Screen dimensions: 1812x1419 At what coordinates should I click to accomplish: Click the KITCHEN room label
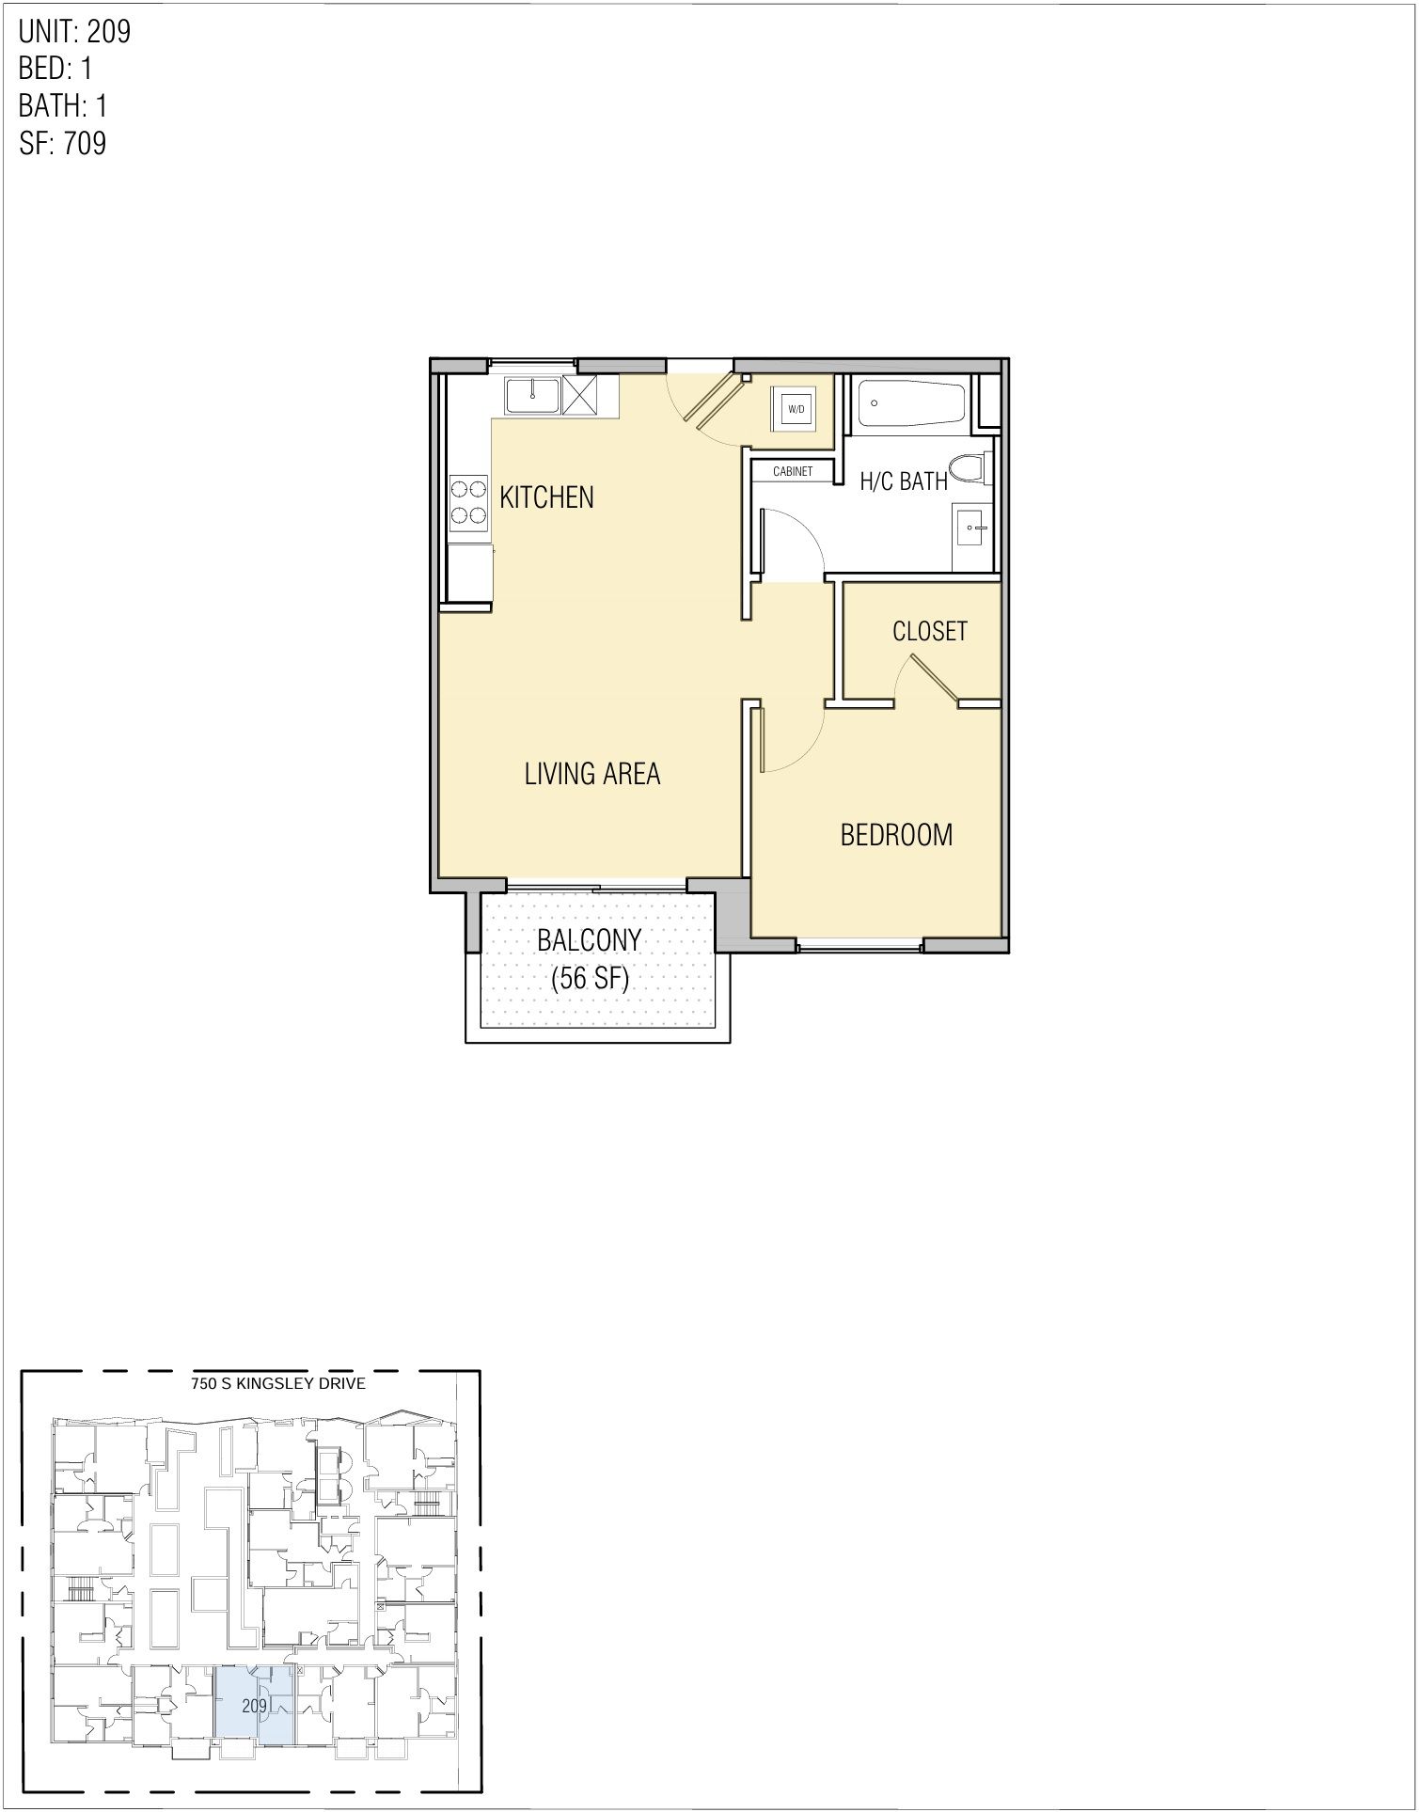click(546, 496)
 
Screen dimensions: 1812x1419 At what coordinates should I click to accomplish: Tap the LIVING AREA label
click(591, 773)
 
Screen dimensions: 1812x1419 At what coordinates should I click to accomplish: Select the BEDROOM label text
click(895, 834)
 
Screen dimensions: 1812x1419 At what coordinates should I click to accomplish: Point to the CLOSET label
click(929, 631)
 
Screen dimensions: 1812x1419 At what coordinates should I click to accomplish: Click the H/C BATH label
click(903, 481)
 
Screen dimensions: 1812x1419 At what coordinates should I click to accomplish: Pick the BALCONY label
click(589, 939)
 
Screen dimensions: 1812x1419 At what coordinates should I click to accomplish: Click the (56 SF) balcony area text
click(589, 978)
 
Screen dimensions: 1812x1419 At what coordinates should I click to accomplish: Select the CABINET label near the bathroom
click(792, 471)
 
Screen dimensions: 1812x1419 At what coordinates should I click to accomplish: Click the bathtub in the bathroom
click(908, 404)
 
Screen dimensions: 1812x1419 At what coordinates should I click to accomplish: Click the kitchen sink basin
click(532, 395)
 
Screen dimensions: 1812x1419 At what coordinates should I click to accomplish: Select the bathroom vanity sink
click(971, 528)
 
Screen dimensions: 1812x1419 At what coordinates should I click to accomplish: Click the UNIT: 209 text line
click(74, 32)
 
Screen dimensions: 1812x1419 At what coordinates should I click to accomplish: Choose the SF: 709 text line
click(62, 144)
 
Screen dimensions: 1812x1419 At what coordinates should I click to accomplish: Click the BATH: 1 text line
click(63, 105)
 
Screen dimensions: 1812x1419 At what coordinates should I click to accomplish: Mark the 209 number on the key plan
click(254, 1705)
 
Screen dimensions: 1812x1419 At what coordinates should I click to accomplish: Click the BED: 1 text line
click(55, 69)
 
